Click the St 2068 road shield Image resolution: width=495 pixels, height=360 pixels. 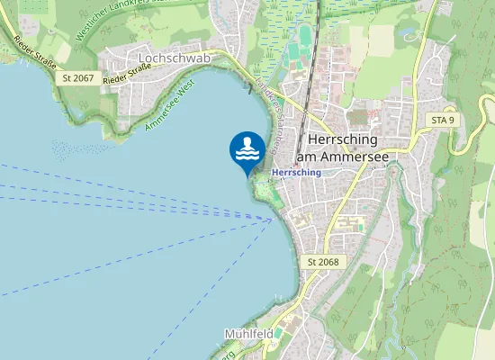323,262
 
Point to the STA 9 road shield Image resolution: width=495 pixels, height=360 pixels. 442,120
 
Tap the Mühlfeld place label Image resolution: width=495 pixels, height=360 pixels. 248,334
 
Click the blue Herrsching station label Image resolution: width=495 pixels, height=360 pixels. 296,171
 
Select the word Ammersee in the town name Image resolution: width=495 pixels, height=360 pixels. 363,157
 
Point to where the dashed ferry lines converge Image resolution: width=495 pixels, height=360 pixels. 273,219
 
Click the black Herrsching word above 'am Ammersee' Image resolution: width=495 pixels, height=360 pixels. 346,140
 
